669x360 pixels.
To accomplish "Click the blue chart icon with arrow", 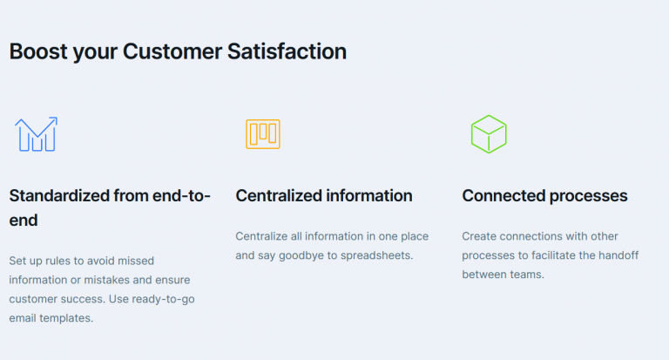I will (x=36, y=134).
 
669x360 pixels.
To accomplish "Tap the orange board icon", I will (x=262, y=133).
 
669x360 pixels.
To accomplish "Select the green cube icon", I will (x=489, y=134).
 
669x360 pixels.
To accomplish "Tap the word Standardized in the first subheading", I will (x=59, y=195).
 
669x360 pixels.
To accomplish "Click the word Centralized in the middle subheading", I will (x=279, y=195).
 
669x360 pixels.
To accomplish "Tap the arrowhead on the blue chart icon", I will (x=54, y=120).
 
